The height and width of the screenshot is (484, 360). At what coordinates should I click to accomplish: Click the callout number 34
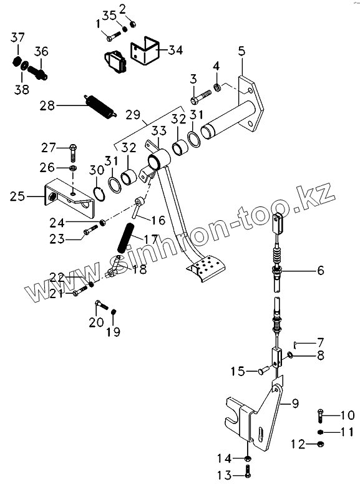point(175,50)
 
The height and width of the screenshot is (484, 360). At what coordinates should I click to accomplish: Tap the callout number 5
point(241,51)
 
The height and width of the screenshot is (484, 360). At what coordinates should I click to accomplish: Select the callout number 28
point(47,106)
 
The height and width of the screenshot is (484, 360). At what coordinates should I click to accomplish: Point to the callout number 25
point(17,196)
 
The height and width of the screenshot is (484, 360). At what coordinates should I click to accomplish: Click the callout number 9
point(296,403)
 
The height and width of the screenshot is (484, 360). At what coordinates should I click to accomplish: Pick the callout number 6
point(321,271)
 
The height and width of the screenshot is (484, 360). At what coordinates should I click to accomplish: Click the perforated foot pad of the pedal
point(207,266)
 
